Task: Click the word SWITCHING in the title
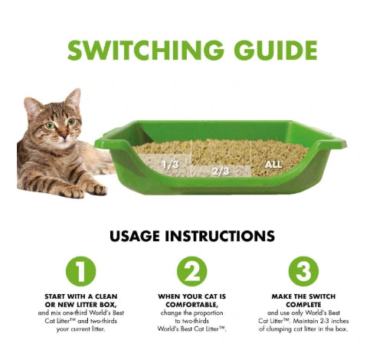tap(146, 50)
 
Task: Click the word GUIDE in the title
tap(276, 50)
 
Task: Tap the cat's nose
tap(64, 135)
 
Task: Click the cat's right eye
tap(50, 125)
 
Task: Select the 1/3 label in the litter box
tap(171, 165)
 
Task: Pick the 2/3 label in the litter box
tap(221, 171)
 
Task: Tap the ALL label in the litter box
tap(273, 165)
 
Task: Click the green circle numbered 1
tap(80, 271)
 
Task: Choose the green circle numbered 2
tap(192, 271)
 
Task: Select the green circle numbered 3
tap(303, 271)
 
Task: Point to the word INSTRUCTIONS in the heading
tap(220, 236)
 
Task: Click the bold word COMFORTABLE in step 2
tap(191, 305)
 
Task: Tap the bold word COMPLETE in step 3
tap(303, 305)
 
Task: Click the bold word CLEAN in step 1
tap(106, 296)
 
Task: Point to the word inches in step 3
tap(340, 321)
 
